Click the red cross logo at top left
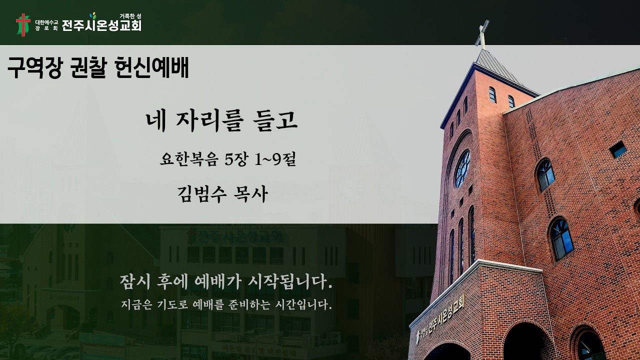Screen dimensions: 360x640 tap(23, 24)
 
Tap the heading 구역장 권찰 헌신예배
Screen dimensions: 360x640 tap(98, 68)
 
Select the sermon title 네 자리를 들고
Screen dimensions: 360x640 tap(221, 121)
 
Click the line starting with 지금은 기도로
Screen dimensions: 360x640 tap(226, 304)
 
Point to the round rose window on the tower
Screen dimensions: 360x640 tap(462, 168)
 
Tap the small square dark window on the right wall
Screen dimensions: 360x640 tap(618, 149)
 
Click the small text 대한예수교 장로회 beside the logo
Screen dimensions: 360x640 tap(46, 25)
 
